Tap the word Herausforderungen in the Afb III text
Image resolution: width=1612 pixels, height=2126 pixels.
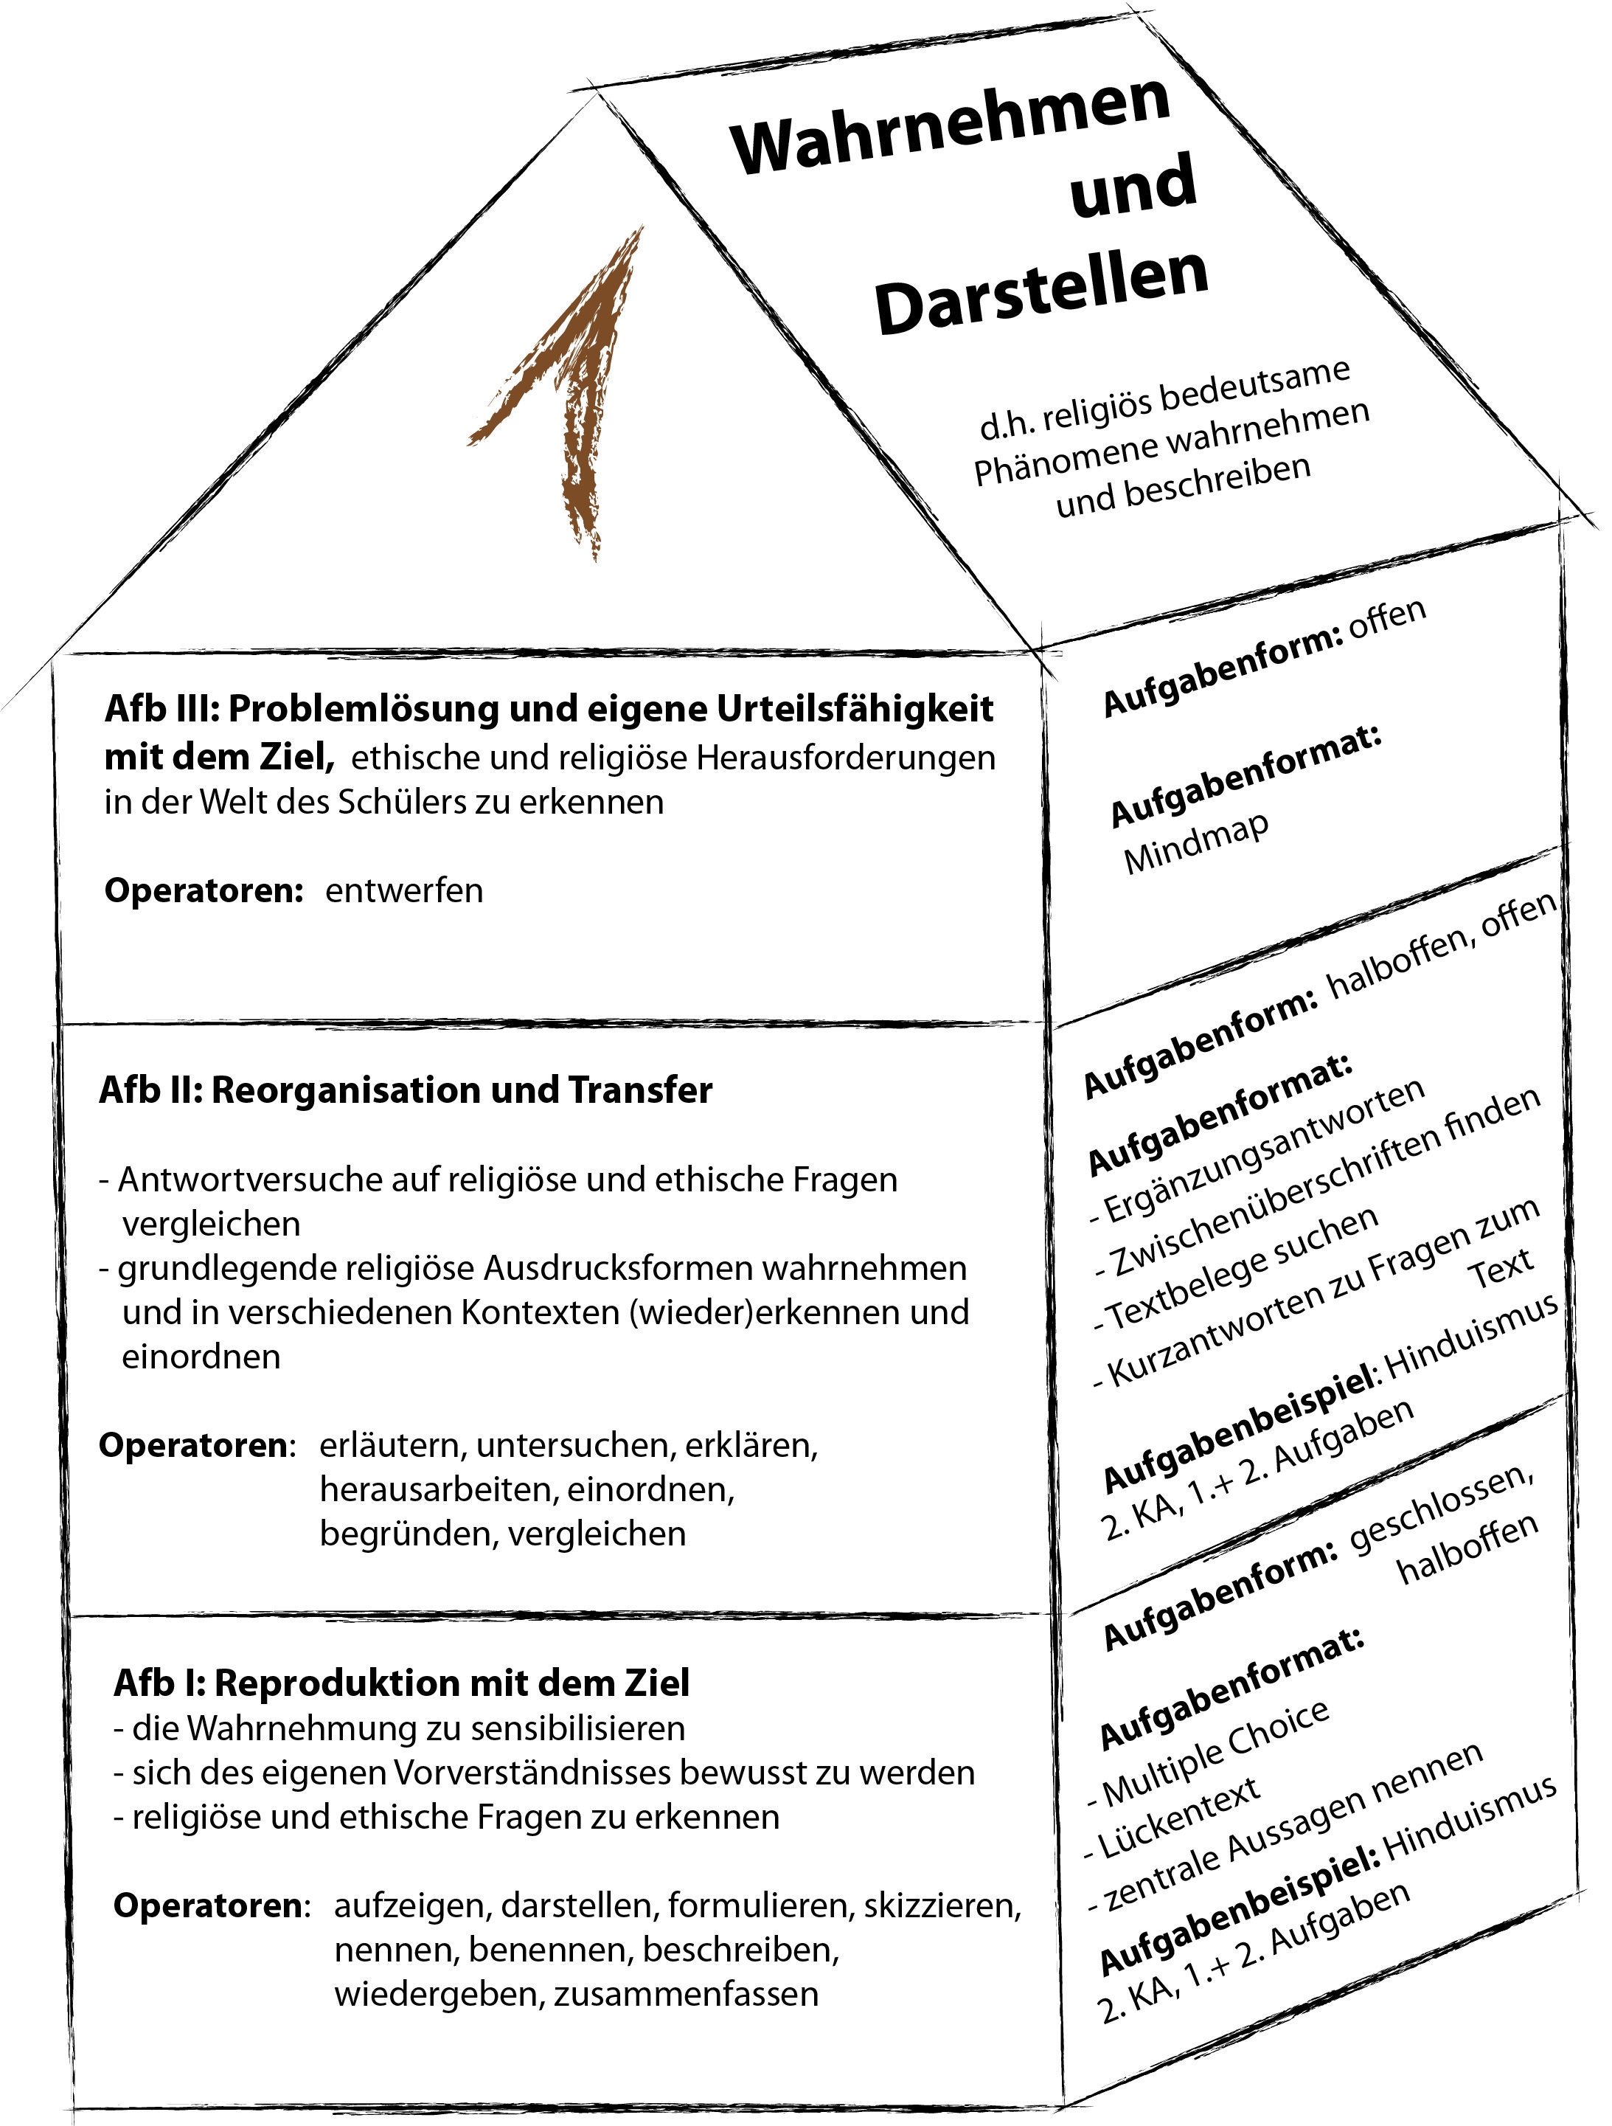[x=845, y=758]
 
